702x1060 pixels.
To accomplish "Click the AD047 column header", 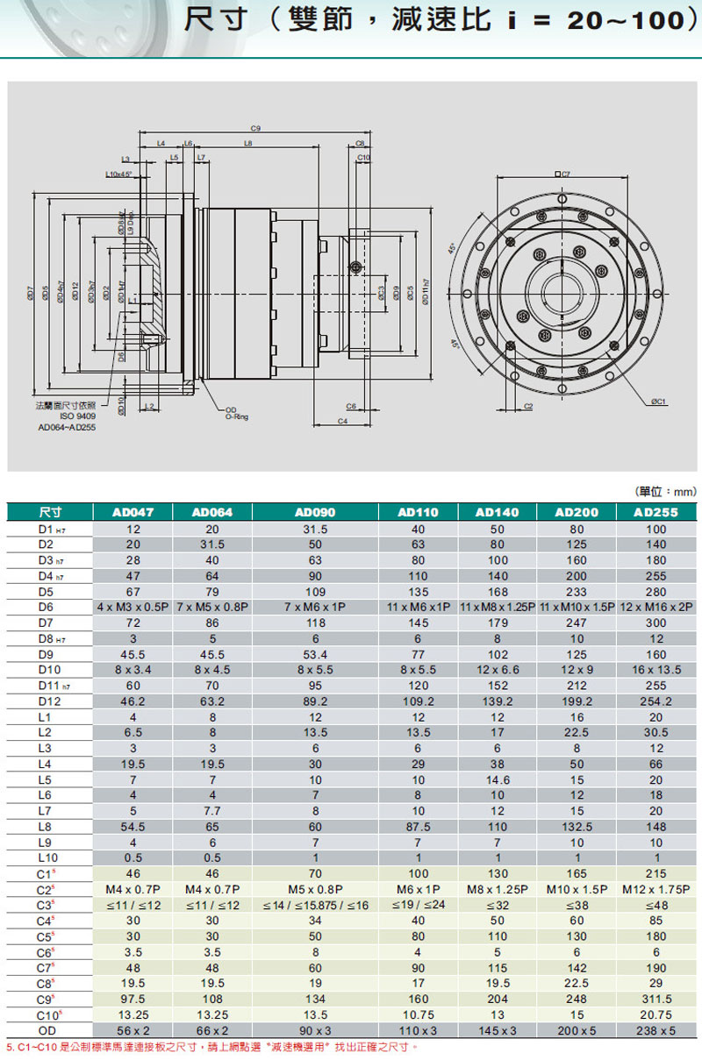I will [133, 512].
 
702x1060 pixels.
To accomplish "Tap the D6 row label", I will [47, 607].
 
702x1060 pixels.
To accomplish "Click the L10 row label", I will [47, 858].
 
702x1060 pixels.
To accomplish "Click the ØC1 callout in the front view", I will [658, 401].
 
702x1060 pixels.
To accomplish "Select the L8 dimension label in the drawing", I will [248, 142].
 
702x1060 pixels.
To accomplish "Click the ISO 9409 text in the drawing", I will [77, 417].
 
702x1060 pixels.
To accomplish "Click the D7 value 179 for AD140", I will [497, 622].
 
